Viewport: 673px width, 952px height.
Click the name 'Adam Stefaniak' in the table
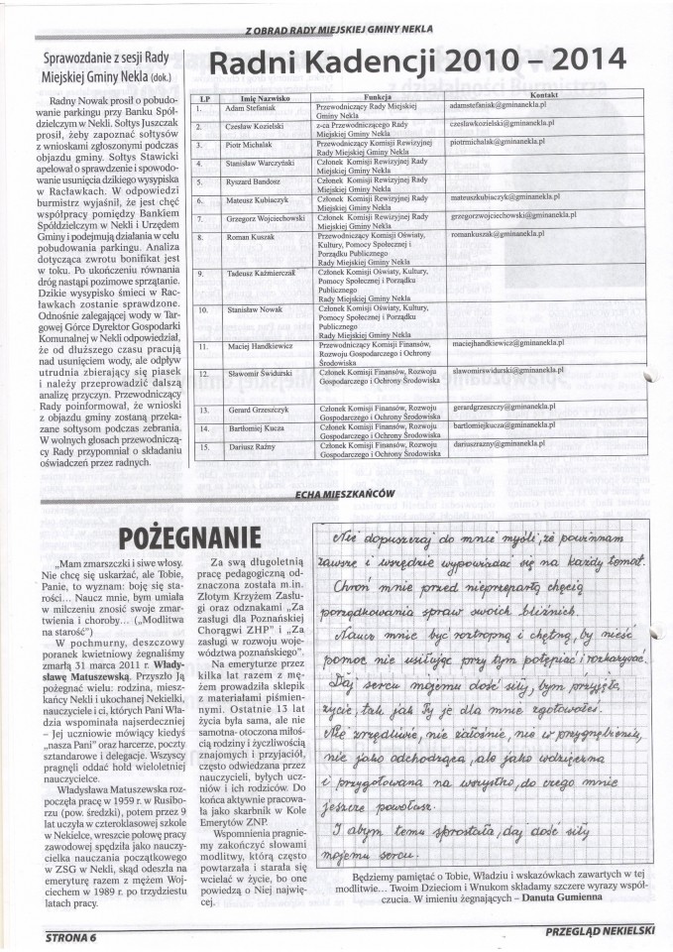click(x=249, y=106)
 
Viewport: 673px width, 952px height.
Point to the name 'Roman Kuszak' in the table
click(x=247, y=238)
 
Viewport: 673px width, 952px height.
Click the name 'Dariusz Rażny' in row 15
click(x=248, y=446)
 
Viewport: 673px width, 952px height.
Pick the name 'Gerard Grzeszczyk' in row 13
click(x=256, y=409)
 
